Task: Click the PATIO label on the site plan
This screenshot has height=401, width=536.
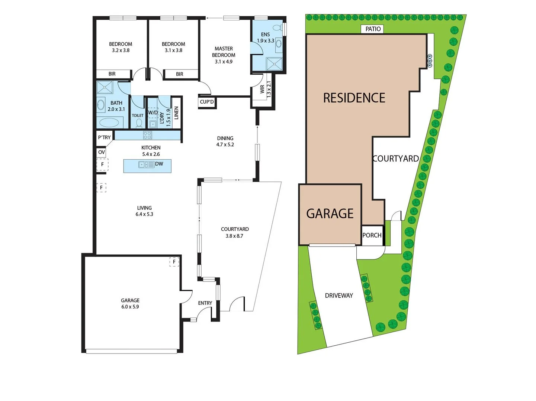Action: (373, 29)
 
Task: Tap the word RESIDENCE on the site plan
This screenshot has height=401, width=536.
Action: (354, 98)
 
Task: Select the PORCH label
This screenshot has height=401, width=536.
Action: (372, 235)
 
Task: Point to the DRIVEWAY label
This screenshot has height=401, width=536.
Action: (339, 296)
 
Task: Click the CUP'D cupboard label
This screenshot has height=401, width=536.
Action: (207, 102)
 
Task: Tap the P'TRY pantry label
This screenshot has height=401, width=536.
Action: (104, 137)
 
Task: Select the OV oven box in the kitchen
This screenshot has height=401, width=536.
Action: (102, 152)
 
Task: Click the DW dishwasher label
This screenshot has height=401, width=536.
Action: (159, 164)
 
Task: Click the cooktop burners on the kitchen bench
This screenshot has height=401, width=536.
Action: (148, 135)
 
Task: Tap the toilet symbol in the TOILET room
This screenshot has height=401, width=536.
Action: (139, 123)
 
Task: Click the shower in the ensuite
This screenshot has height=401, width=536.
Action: (274, 63)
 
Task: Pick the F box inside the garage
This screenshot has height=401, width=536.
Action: (174, 262)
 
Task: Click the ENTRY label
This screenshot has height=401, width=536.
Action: (205, 303)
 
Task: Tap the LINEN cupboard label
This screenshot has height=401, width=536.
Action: (176, 113)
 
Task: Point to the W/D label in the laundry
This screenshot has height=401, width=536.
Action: (153, 113)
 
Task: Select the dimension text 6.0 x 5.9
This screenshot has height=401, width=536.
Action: (130, 307)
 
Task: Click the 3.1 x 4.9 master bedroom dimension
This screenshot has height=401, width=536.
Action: (224, 62)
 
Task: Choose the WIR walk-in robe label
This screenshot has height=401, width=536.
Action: (262, 89)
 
